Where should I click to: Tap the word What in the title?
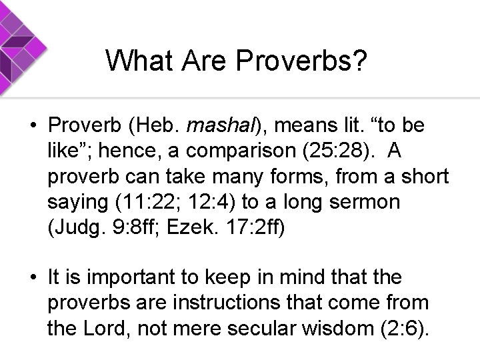pyautogui.click(x=136, y=61)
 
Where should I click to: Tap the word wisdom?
pyautogui.click(x=342, y=328)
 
